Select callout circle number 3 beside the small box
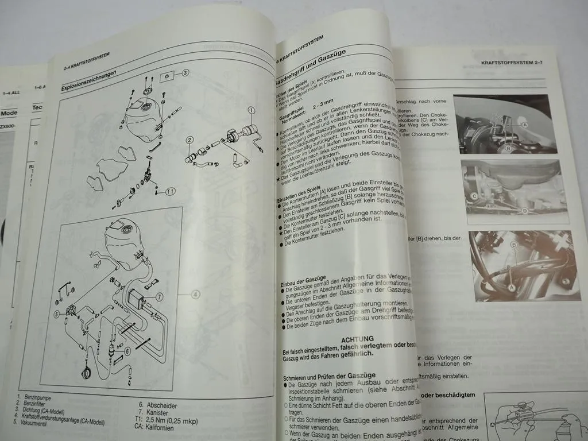tap(185, 73)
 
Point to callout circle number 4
tap(196, 295)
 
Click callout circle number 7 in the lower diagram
tap(159, 297)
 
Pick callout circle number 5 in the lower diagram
tap(57, 314)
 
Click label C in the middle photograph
tap(474, 196)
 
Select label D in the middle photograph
tap(524, 211)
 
